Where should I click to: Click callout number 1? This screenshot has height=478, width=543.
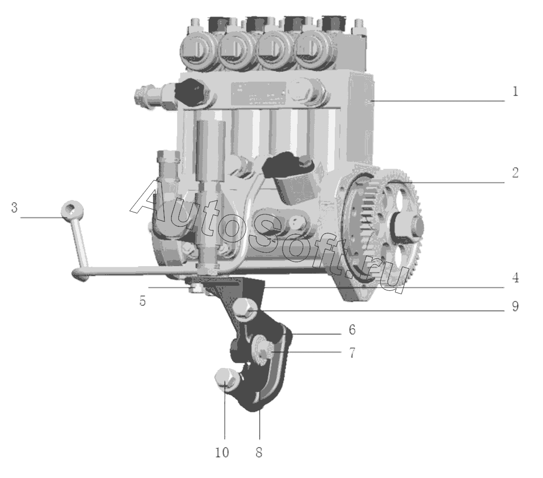click(x=515, y=92)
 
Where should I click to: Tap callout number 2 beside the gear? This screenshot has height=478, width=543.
click(x=515, y=173)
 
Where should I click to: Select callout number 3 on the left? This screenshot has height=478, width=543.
click(x=14, y=208)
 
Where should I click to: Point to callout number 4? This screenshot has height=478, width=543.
click(x=516, y=278)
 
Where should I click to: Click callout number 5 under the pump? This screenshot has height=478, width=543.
click(x=143, y=301)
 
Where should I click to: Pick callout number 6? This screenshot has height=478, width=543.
click(x=352, y=330)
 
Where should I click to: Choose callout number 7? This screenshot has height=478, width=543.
click(x=352, y=352)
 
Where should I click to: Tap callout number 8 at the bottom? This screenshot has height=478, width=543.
click(x=259, y=452)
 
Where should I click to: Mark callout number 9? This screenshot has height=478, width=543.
click(x=516, y=306)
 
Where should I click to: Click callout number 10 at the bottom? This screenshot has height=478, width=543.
click(x=222, y=452)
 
